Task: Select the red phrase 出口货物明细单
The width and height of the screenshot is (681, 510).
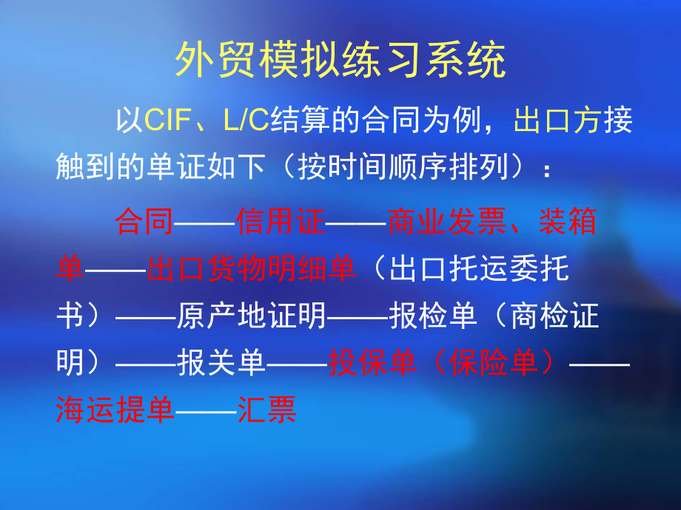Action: point(251,269)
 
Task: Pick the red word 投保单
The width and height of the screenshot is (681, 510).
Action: point(372,364)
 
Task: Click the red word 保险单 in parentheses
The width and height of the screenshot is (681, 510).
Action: point(494,364)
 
